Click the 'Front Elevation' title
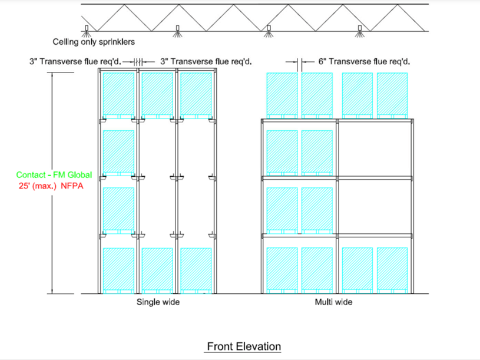pos(244,346)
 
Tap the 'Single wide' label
pos(158,302)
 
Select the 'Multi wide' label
pos(333,302)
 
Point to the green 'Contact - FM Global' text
pos(54,175)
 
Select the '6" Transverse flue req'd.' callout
pos(364,61)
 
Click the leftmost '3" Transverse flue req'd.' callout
pos(75,61)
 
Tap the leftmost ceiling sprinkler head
pos(87,29)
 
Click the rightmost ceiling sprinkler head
pos(359,29)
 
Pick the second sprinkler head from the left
pos(177,29)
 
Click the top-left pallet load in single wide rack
pos(119,93)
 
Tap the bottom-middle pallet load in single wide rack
pos(157,269)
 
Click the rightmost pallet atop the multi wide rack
pos(392,94)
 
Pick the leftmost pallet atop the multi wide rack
pos(283,94)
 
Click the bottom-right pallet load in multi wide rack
pos(392,269)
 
